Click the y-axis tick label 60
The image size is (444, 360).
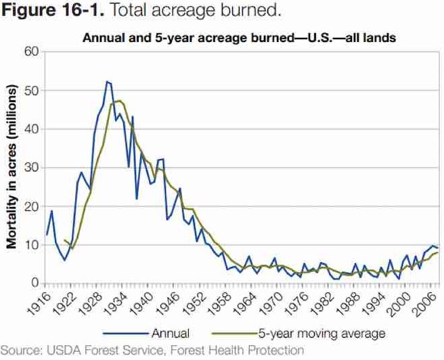30,52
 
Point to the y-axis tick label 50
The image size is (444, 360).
30,91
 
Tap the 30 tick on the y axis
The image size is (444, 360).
30,168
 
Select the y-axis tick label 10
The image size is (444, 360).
30,245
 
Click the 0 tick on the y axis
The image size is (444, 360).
33,284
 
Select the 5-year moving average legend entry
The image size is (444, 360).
321,333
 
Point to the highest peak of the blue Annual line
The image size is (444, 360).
107,81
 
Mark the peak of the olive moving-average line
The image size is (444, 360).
118,101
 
